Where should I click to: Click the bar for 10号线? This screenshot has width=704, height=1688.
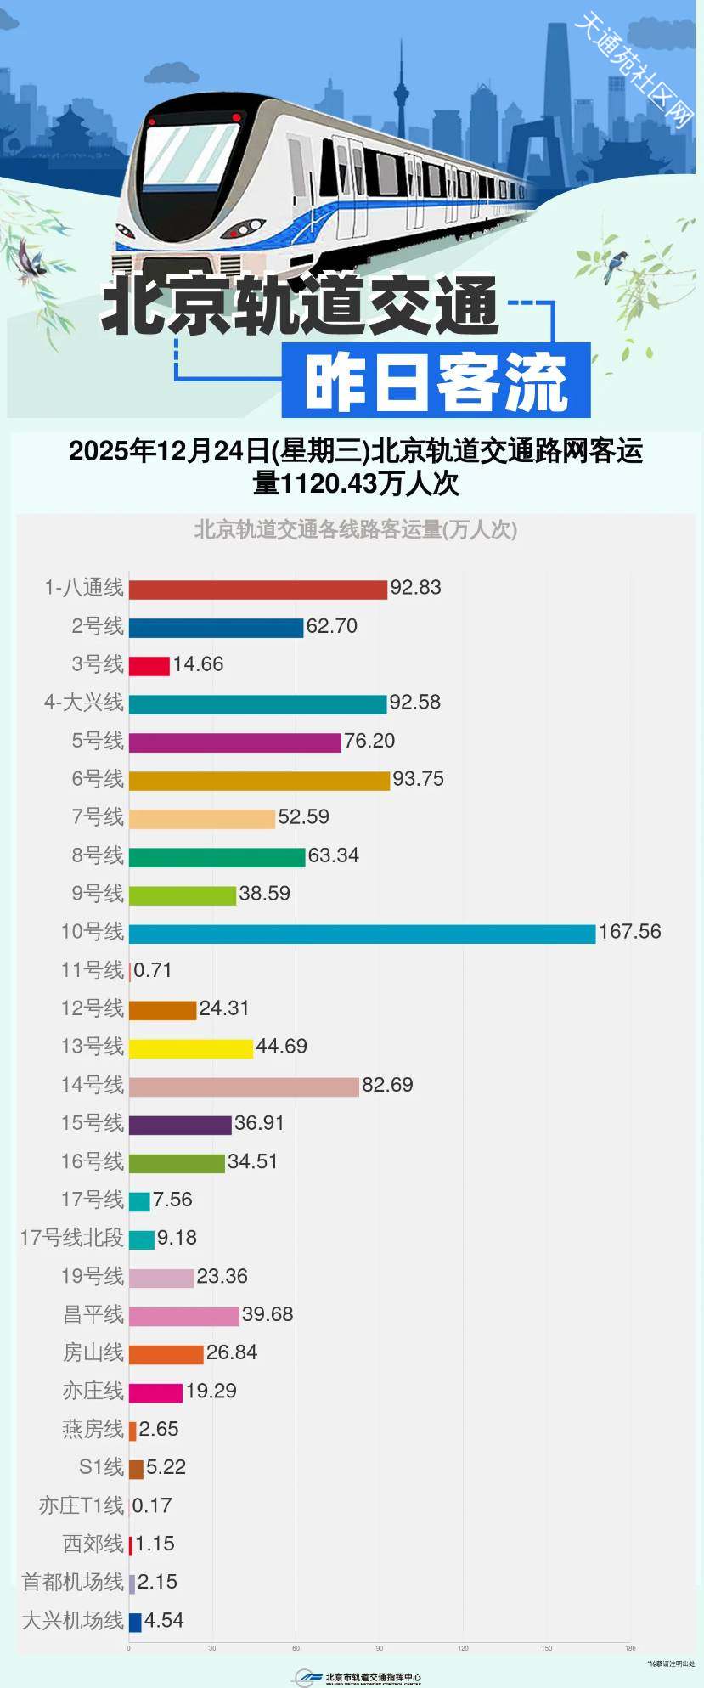pos(363,934)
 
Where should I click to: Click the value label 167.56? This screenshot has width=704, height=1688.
pos(629,932)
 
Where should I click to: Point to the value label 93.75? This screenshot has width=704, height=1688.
pos(418,779)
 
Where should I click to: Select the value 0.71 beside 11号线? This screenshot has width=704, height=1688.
pos(153,970)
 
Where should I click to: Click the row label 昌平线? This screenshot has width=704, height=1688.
pos(93,1314)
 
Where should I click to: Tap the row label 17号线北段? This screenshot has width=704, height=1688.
pos(72,1238)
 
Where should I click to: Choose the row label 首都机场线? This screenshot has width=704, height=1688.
pos(73,1582)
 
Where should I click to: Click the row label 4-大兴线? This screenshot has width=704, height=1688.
pos(84,703)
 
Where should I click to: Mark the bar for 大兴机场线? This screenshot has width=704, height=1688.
pos(135,1622)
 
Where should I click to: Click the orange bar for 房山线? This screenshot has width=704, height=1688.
pos(166,1354)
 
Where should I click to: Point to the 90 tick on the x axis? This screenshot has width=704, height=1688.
pos(380,1648)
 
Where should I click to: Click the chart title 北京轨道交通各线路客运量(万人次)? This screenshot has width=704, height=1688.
pos(355,530)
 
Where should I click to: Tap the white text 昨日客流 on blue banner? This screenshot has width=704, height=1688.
pos(435,382)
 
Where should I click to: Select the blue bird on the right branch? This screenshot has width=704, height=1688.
pos(615,266)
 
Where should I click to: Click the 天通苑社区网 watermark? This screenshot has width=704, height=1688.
pos(634,69)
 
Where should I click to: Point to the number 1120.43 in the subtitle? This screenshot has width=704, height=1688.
pos(327,483)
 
